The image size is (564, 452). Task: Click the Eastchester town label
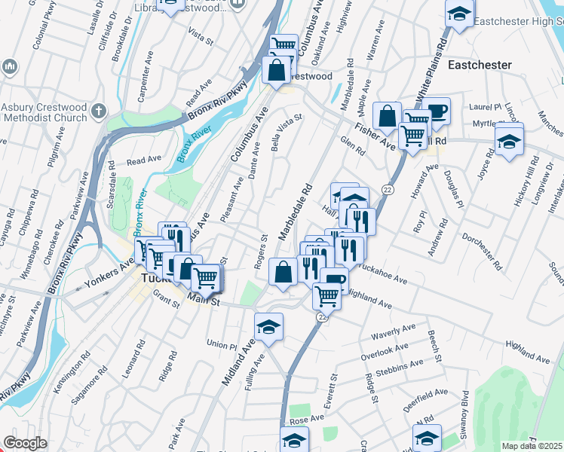[480, 66]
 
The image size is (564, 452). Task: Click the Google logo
[25, 443]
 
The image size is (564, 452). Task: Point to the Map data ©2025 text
[532, 446]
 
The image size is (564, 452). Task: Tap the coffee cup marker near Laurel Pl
[436, 111]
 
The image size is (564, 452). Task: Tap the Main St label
[203, 301]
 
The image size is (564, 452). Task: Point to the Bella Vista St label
[286, 133]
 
